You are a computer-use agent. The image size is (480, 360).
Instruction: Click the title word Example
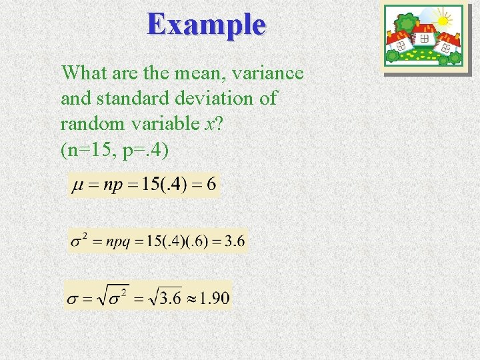(x=207, y=25)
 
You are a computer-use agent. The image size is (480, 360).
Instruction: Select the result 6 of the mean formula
(x=211, y=185)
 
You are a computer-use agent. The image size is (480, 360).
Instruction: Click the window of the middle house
(x=425, y=39)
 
